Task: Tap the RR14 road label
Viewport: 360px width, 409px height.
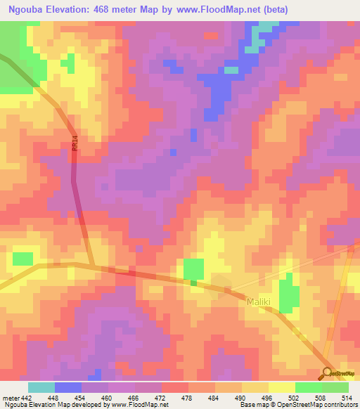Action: click(74, 145)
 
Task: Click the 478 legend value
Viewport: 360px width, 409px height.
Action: click(188, 398)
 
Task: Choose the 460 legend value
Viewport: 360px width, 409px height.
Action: click(108, 398)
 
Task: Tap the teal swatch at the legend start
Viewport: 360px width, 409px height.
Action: click(41, 387)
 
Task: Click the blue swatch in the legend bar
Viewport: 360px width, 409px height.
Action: click(68, 387)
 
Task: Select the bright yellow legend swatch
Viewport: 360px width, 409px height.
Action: click(282, 387)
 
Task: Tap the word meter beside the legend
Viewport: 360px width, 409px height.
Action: click(10, 398)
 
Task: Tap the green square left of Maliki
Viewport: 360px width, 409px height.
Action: click(193, 270)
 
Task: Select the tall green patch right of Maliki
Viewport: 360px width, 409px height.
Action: click(287, 294)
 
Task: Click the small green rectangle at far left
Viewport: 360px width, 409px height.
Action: click(22, 258)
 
